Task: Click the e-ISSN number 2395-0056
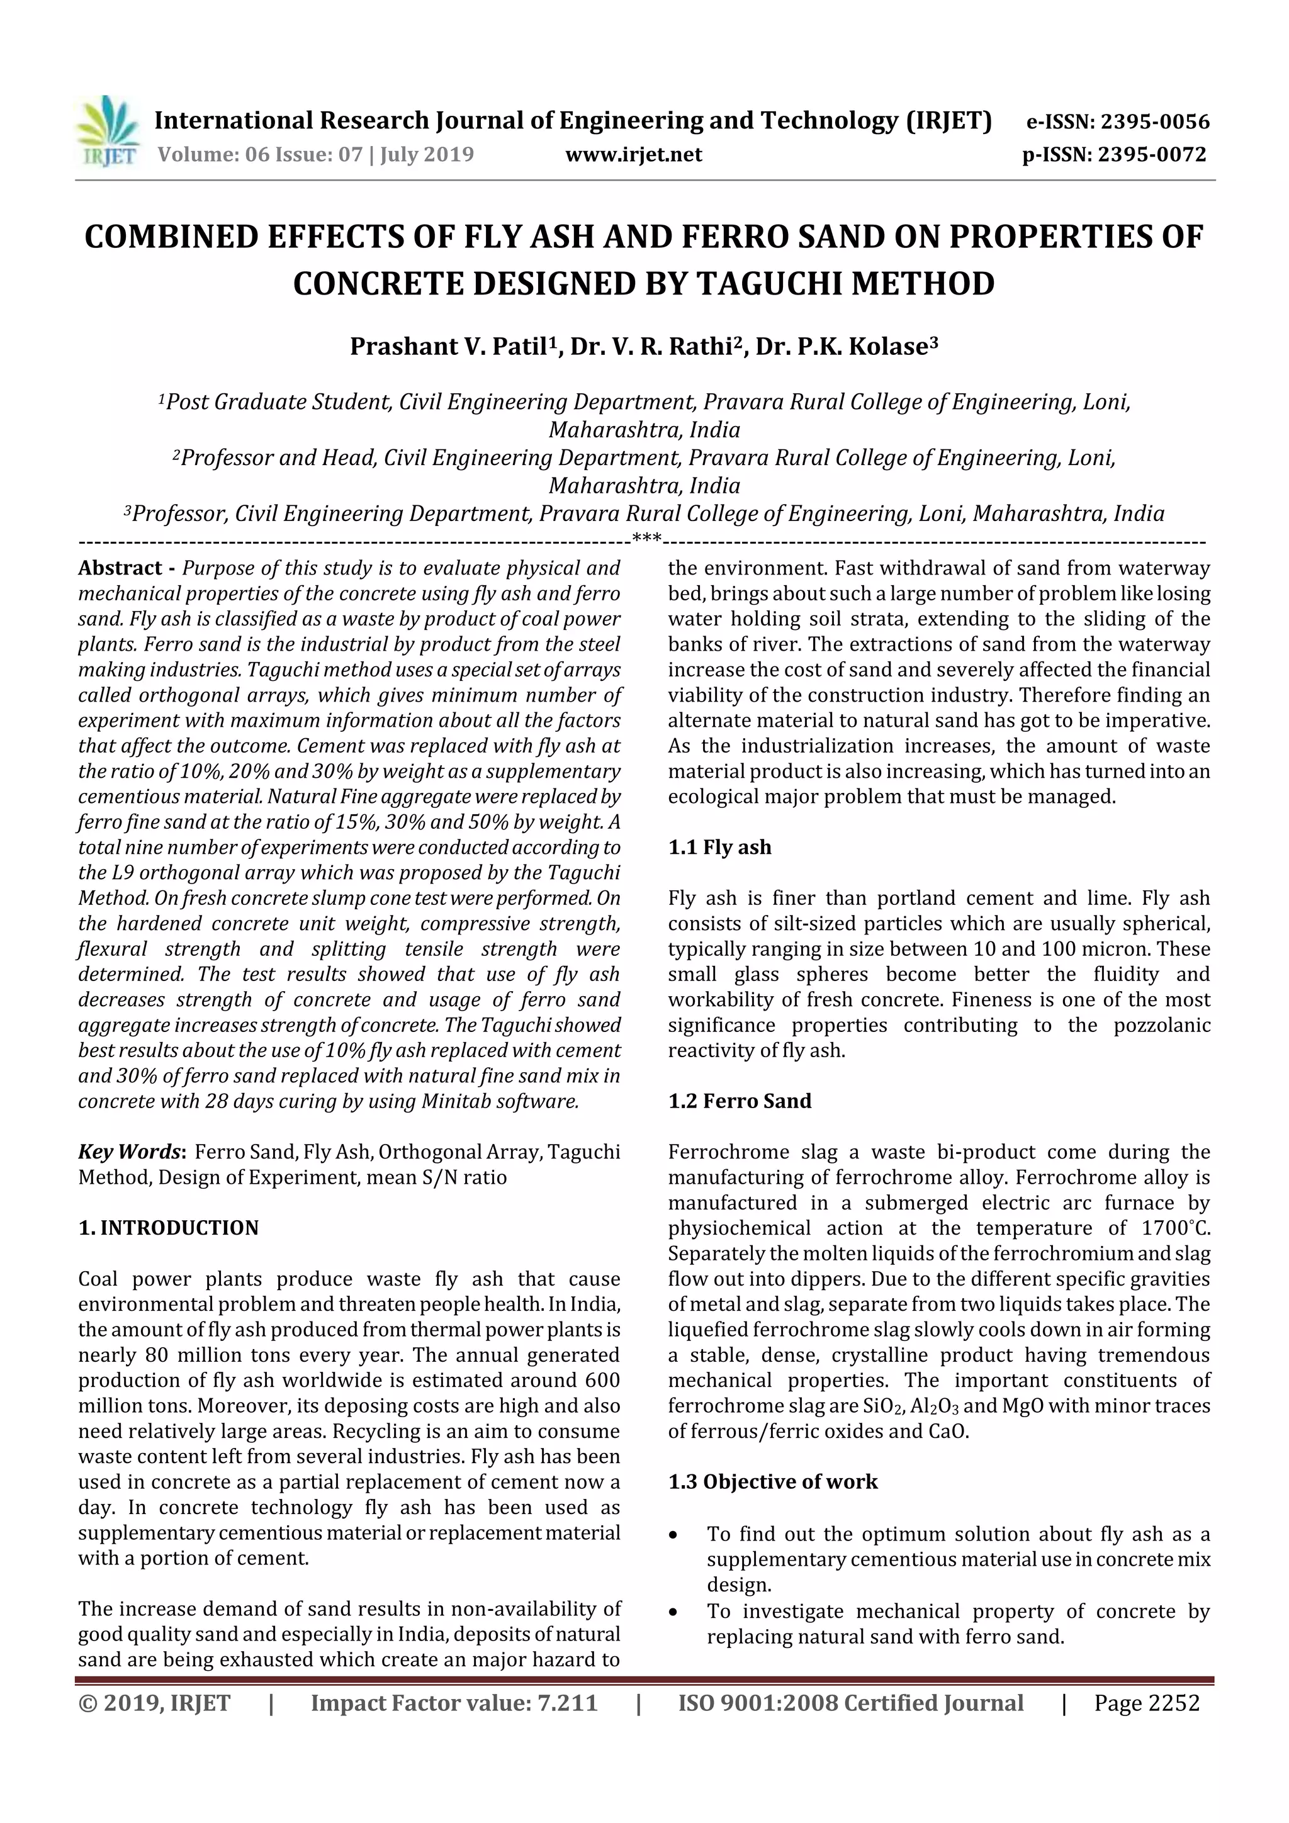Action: [x=1152, y=122]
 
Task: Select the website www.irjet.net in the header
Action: [x=633, y=155]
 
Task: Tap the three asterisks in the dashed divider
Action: [x=646, y=540]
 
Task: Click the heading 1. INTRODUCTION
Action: [x=169, y=1228]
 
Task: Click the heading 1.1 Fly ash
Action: [x=719, y=847]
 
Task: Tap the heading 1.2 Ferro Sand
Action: [x=739, y=1101]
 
